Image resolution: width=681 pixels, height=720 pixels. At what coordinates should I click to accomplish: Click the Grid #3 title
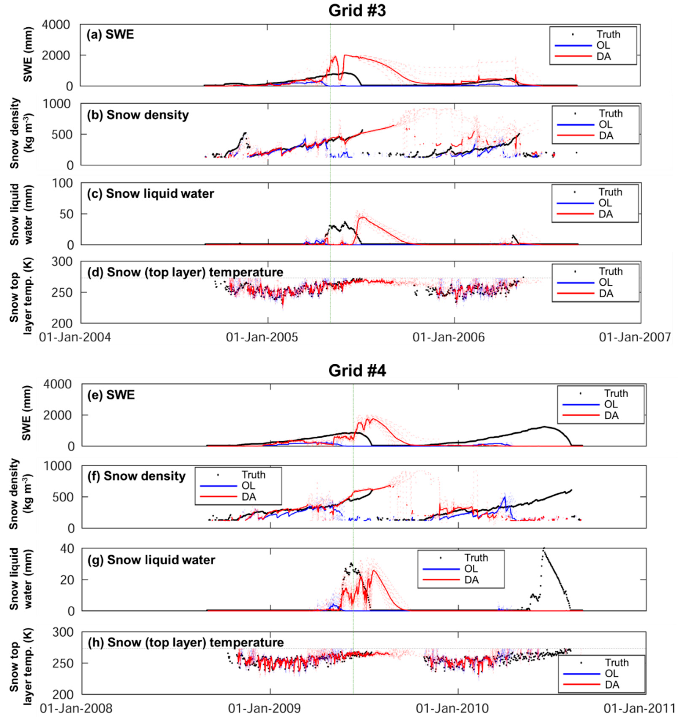point(357,11)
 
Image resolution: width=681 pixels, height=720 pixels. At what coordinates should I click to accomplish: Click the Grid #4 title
point(357,371)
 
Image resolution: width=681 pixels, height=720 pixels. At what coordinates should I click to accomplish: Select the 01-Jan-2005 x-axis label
point(262,337)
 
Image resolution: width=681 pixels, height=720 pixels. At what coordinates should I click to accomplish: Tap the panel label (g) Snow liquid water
point(152,560)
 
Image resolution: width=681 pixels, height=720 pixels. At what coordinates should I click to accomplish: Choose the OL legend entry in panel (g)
point(471,569)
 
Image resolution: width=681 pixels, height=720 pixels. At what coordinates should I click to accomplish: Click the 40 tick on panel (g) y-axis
point(68,549)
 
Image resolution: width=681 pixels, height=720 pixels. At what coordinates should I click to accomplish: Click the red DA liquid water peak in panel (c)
point(362,218)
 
